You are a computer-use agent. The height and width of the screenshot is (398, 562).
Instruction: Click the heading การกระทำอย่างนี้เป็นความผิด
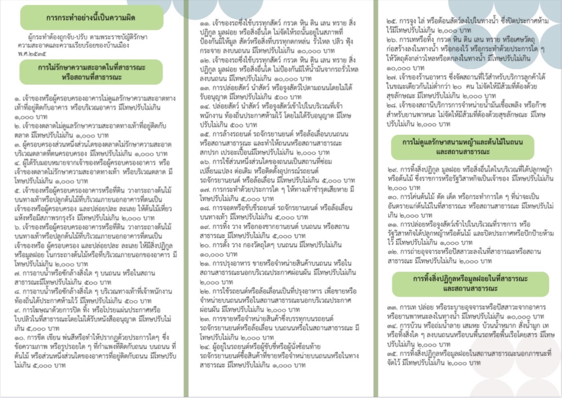pyautogui.click(x=91, y=17)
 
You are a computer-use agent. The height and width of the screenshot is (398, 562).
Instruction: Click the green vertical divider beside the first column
pyautogui.click(x=186, y=199)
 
